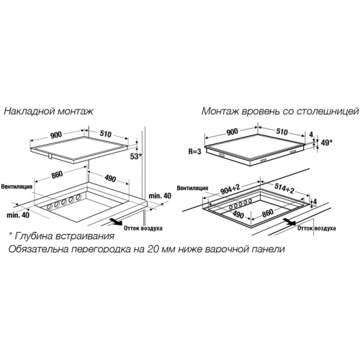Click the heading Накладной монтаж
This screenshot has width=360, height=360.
point(48,112)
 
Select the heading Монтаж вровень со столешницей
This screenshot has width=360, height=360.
point(280,112)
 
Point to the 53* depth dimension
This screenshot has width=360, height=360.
point(136,156)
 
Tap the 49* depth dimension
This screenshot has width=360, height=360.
point(326,143)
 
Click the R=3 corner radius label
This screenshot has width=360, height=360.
point(194,152)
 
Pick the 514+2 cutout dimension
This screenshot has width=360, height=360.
point(284,188)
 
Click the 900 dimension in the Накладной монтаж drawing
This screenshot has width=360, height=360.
point(56,135)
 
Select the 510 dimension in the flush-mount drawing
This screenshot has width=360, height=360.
point(282,132)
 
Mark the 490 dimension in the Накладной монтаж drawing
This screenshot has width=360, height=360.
point(109,179)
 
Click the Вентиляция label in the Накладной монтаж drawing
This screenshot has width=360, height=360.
point(17,186)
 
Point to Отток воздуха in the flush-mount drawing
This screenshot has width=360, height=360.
point(317,228)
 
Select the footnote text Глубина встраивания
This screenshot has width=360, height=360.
point(64,236)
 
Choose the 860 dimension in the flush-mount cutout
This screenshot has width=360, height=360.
point(267,213)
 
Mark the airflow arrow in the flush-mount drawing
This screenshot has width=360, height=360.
point(289,221)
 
